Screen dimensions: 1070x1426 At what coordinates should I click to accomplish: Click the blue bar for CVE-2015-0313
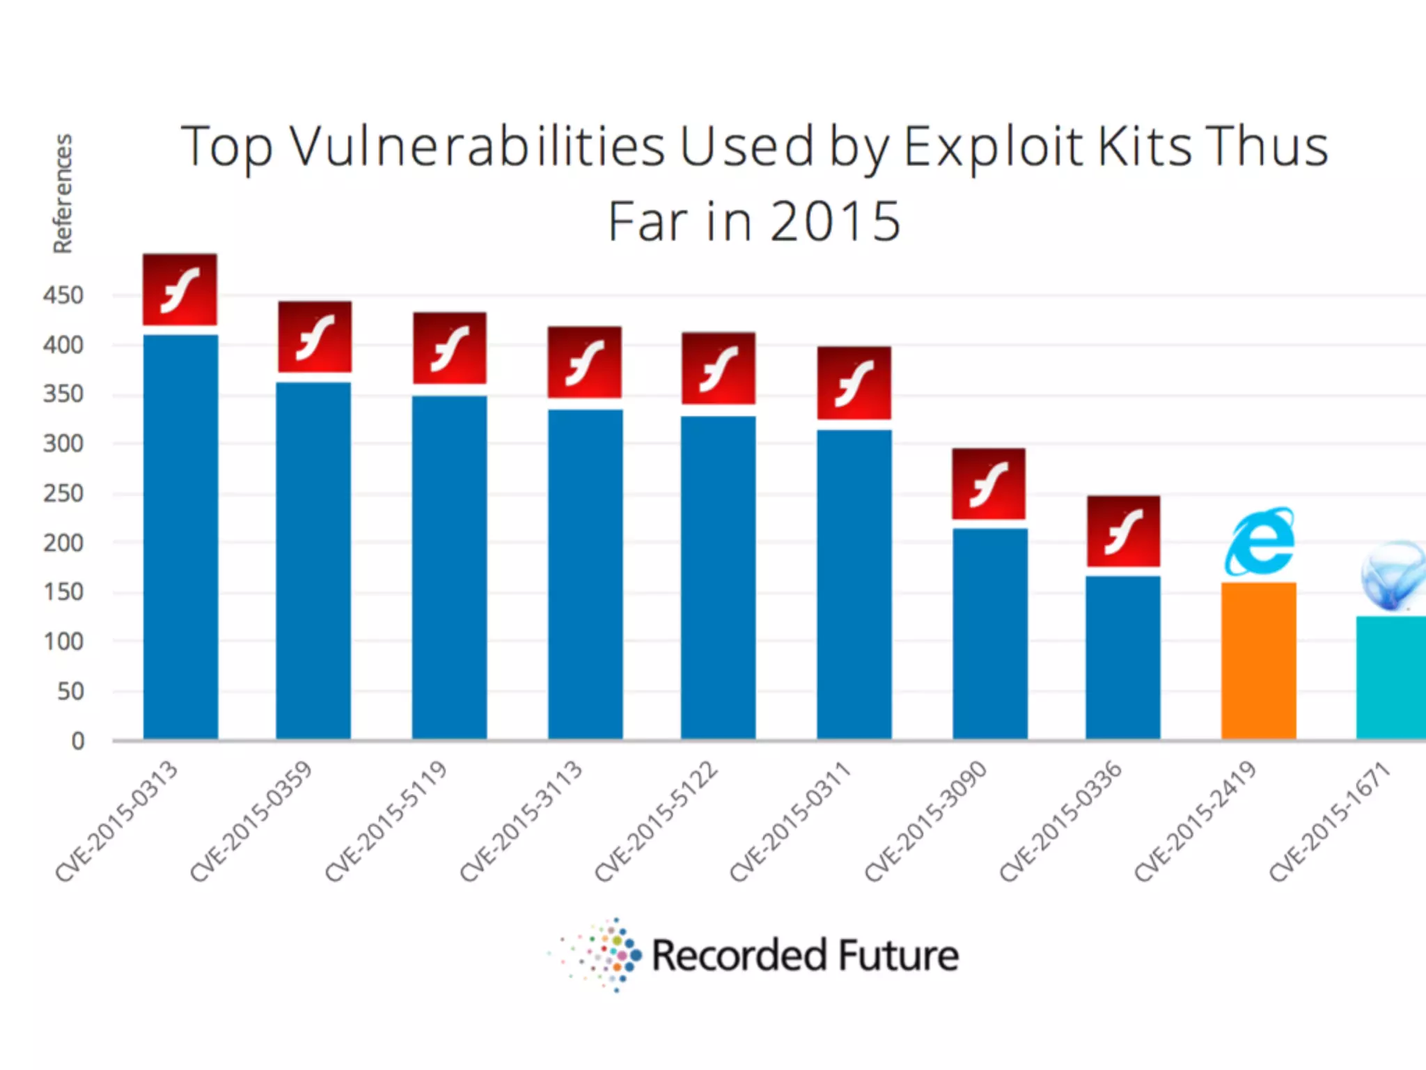180,536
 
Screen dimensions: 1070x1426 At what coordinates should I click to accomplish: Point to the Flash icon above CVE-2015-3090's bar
989,483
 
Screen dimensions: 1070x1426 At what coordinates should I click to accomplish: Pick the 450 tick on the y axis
63,295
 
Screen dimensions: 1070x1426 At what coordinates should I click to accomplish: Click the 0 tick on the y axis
78,741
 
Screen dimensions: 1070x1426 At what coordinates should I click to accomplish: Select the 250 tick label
63,494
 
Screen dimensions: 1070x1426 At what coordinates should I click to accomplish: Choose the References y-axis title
63,194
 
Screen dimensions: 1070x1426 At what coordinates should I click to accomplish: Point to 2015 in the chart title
835,222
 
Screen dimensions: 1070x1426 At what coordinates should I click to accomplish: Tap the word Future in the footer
898,956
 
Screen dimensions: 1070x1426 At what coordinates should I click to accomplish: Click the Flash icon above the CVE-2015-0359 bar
315,337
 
